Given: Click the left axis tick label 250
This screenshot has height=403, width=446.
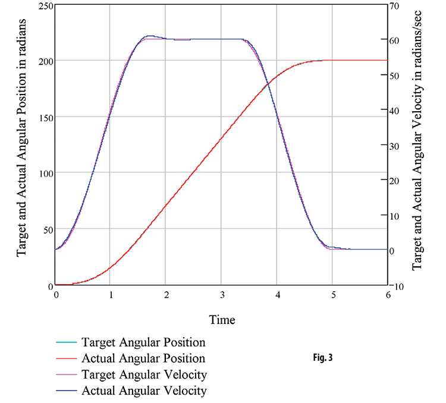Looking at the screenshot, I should (45, 6).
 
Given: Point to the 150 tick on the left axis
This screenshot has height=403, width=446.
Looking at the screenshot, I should (45, 117).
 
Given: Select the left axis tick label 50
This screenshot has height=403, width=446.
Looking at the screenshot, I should (47, 229).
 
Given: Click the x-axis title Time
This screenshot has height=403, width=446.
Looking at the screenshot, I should (222, 320).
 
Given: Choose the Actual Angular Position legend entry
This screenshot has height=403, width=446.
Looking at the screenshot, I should (143, 359).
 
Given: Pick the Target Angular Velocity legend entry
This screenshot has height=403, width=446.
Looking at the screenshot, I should (145, 375).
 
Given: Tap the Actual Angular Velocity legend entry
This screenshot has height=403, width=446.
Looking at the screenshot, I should (145, 391).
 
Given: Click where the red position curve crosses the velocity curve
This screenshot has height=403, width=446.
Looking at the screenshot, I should (268, 84).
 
